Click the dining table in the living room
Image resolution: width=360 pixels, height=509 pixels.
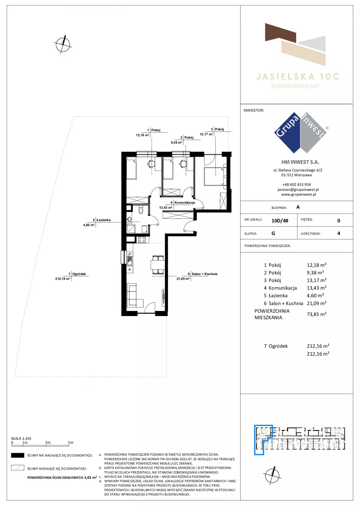tap(157, 265)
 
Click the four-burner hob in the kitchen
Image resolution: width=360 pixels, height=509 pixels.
tap(142, 239)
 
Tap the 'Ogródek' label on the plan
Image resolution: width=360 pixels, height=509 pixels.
tap(79, 274)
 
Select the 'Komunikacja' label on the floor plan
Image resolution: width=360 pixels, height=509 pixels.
tap(185, 203)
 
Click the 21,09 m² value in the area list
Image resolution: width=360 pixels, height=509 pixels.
tap(317, 303)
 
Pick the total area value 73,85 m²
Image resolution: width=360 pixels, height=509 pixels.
tap(317, 314)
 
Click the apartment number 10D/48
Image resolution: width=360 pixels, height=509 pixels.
tap(280, 221)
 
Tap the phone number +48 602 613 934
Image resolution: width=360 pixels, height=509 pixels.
tap(296, 185)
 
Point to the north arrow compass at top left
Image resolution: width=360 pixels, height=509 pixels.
tap(63, 45)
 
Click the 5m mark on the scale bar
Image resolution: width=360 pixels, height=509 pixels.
tap(71, 443)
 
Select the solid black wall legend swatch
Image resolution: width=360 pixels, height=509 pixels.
tap(17, 455)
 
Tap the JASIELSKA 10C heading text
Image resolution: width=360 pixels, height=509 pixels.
tap(297, 77)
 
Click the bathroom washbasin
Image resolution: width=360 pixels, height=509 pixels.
tap(129, 220)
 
